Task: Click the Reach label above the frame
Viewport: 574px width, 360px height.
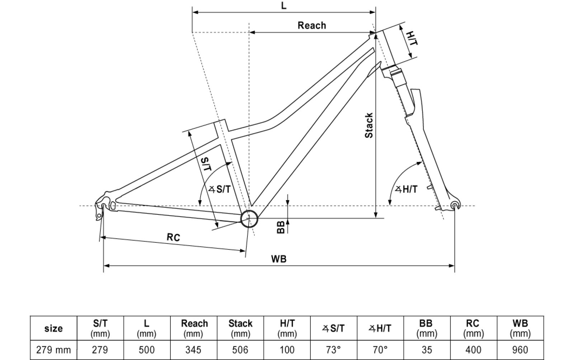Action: (312, 25)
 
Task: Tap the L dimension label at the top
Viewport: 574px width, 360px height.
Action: (284, 6)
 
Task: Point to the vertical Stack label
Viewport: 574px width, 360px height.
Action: (369, 125)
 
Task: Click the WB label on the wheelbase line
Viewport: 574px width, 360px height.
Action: (279, 259)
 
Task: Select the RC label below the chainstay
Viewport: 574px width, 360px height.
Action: (173, 237)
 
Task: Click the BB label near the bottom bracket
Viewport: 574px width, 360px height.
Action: (281, 227)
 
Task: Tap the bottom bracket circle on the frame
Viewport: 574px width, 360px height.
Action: (249, 218)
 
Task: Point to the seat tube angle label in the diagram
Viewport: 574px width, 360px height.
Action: (220, 189)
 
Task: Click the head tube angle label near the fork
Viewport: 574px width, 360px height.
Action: (406, 189)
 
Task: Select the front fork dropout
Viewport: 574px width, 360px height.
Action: (455, 205)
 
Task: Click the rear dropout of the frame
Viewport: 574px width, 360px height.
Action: (103, 206)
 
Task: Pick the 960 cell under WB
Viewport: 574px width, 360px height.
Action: (520, 350)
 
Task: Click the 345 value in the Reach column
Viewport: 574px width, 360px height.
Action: (194, 350)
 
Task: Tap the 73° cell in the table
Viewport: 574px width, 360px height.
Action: (333, 350)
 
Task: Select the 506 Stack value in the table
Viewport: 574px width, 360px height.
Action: (240, 350)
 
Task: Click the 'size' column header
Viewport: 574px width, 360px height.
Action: (53, 328)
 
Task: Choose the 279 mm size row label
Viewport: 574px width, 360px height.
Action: (53, 350)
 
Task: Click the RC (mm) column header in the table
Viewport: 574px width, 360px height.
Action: (473, 328)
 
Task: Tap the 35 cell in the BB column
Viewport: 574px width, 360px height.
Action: (427, 350)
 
